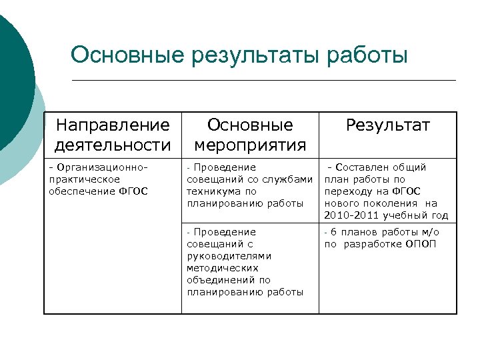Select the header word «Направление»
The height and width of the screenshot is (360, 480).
[113, 125]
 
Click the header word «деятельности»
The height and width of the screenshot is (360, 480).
[113, 144]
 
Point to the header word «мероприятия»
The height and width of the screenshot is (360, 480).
[250, 144]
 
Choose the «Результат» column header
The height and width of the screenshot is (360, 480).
[387, 125]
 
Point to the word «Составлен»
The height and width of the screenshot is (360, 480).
[369, 167]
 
